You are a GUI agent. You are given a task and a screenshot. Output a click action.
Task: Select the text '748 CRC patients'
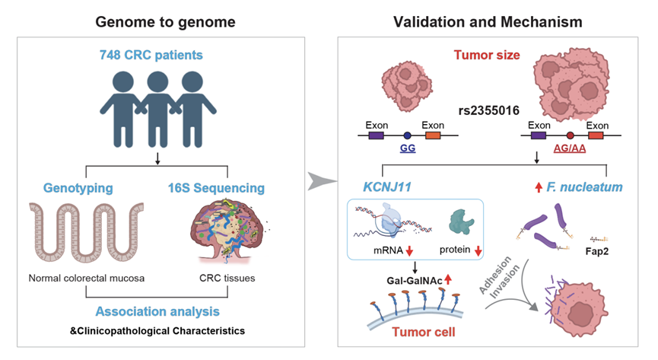(x=156, y=56)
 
